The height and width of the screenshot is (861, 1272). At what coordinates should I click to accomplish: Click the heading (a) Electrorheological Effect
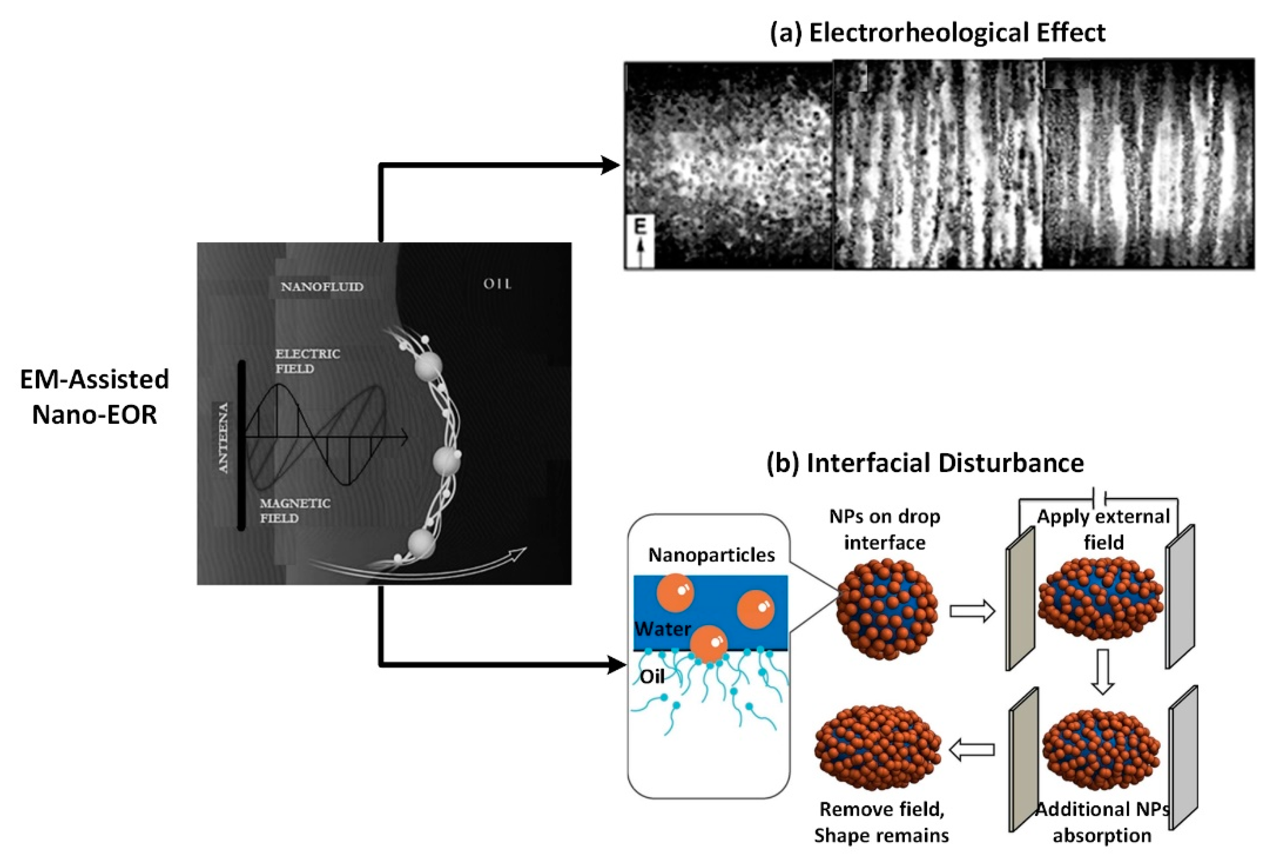point(937,33)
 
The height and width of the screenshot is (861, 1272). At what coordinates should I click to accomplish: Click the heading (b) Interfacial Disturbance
point(925,463)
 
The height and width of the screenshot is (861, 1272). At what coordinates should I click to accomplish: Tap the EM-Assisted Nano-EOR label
point(94,396)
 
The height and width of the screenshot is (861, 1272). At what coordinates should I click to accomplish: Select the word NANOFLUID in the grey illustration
point(322,287)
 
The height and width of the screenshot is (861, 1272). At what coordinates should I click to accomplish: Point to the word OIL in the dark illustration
point(497,284)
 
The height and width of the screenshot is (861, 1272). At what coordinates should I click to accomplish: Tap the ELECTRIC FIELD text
point(307,361)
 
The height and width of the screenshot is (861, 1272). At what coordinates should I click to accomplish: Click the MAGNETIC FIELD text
point(295,510)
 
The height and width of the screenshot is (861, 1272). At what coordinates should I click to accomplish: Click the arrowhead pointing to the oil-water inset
point(616,666)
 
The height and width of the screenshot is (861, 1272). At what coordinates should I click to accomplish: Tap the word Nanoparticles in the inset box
point(711,555)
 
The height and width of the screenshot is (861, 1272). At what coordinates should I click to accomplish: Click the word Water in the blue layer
point(662,628)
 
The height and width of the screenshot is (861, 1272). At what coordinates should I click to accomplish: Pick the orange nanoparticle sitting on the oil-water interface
point(708,644)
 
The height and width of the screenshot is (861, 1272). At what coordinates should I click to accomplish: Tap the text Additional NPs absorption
point(1102,822)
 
